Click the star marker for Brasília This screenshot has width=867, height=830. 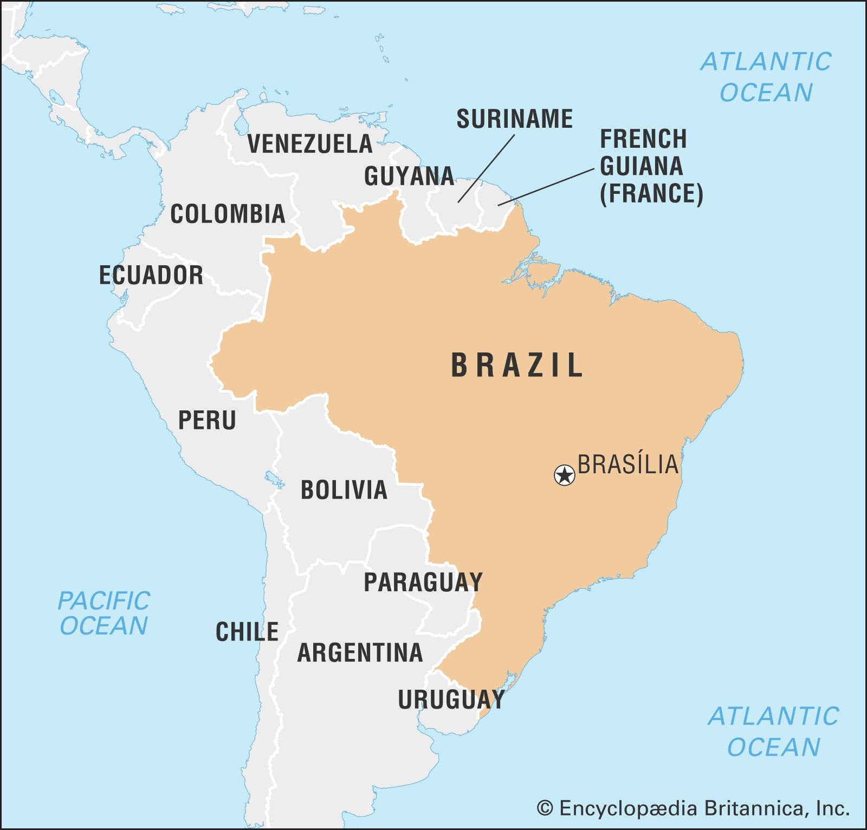tap(565, 475)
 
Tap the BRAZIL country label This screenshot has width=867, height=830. tap(516, 365)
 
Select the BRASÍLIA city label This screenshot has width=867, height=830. tap(628, 465)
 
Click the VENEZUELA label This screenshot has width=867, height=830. tap(310, 143)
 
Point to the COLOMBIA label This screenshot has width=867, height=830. tap(228, 214)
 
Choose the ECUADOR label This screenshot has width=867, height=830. tap(151, 275)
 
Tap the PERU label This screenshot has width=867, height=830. tap(207, 420)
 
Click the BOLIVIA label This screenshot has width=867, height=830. tap(344, 490)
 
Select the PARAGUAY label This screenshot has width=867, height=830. tap(423, 583)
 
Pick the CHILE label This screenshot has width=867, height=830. tap(247, 632)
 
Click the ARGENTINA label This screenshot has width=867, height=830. tap(360, 652)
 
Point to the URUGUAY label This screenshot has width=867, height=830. tap(451, 700)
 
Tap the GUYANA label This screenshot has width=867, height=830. tap(409, 176)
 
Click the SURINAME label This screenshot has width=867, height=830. tap(514, 119)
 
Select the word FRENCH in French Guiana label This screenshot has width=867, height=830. tap(643, 139)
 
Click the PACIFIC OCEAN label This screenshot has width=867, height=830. tap(103, 613)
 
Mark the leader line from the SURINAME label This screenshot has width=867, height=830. tap(486, 168)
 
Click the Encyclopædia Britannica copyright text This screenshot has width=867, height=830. tap(693, 808)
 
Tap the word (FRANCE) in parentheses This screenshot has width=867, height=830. tap(651, 194)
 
